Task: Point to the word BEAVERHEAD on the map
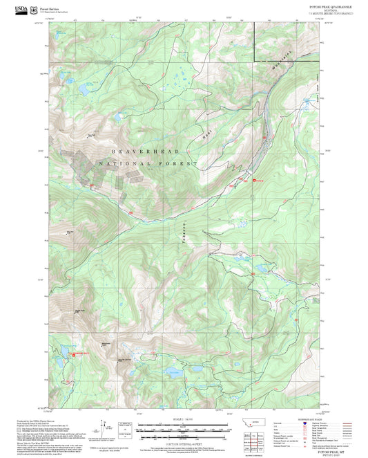(x=145, y=151)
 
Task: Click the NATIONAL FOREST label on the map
(x=148, y=164)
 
